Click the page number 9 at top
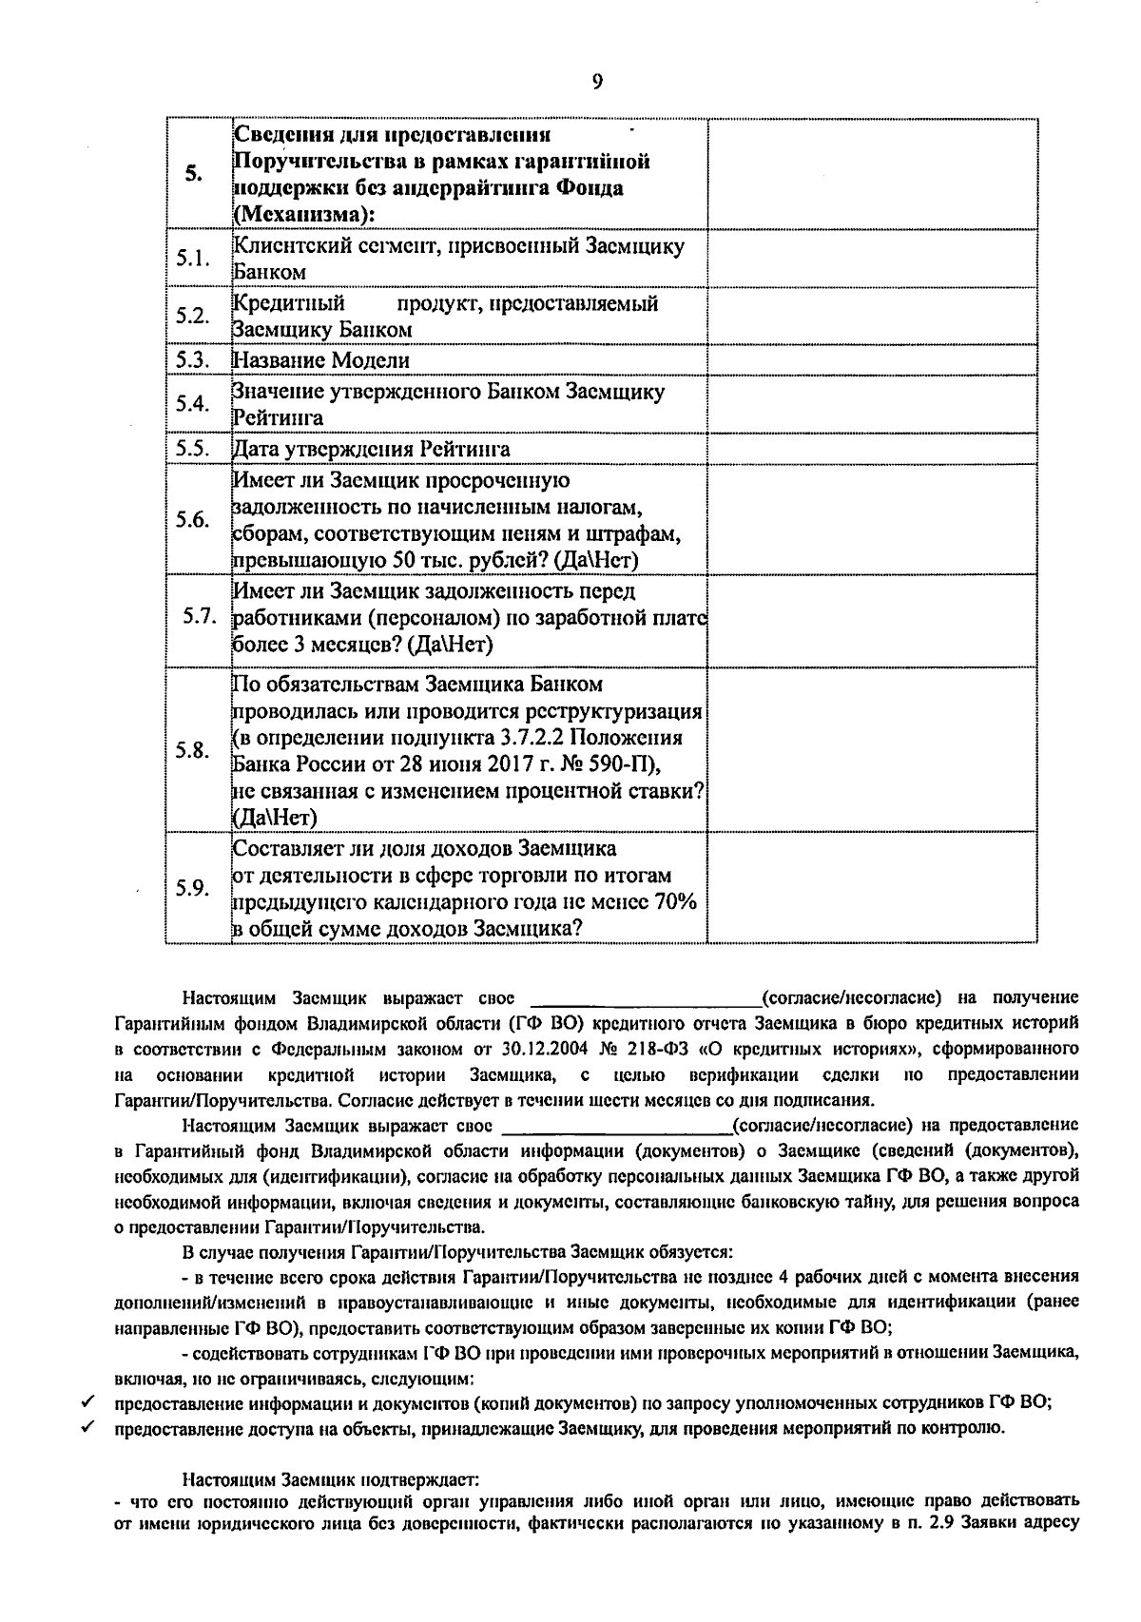[597, 82]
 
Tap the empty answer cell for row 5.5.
[871, 449]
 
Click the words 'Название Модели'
[321, 361]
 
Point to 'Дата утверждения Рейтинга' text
[371, 449]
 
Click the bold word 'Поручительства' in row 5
[306, 161]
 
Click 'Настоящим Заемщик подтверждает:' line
[332, 1480]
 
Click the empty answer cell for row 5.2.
[871, 316]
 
